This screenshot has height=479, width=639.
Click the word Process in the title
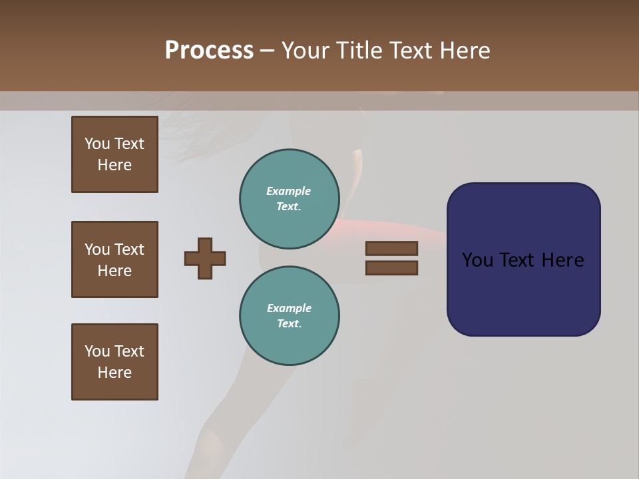(x=209, y=51)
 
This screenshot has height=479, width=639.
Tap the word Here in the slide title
(x=465, y=51)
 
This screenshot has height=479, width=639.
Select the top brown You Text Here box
(x=114, y=154)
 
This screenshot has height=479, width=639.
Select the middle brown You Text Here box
(x=114, y=259)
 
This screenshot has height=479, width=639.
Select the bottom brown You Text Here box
(x=114, y=362)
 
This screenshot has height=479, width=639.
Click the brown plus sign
(x=205, y=258)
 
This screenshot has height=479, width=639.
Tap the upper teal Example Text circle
(x=289, y=199)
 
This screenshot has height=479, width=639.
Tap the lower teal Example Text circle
(x=289, y=316)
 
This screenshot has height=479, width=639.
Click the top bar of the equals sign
(x=391, y=248)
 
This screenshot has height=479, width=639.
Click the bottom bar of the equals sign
(x=391, y=268)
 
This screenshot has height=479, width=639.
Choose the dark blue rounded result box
(x=523, y=259)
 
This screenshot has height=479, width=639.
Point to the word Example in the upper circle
(x=288, y=191)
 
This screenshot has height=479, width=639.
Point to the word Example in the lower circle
(x=289, y=308)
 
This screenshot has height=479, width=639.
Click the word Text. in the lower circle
(x=289, y=324)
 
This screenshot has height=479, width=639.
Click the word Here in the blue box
(x=562, y=260)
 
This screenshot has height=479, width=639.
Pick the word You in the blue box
(x=477, y=260)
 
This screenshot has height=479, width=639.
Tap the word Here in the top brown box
(x=114, y=165)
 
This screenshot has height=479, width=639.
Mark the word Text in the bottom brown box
(x=129, y=351)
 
